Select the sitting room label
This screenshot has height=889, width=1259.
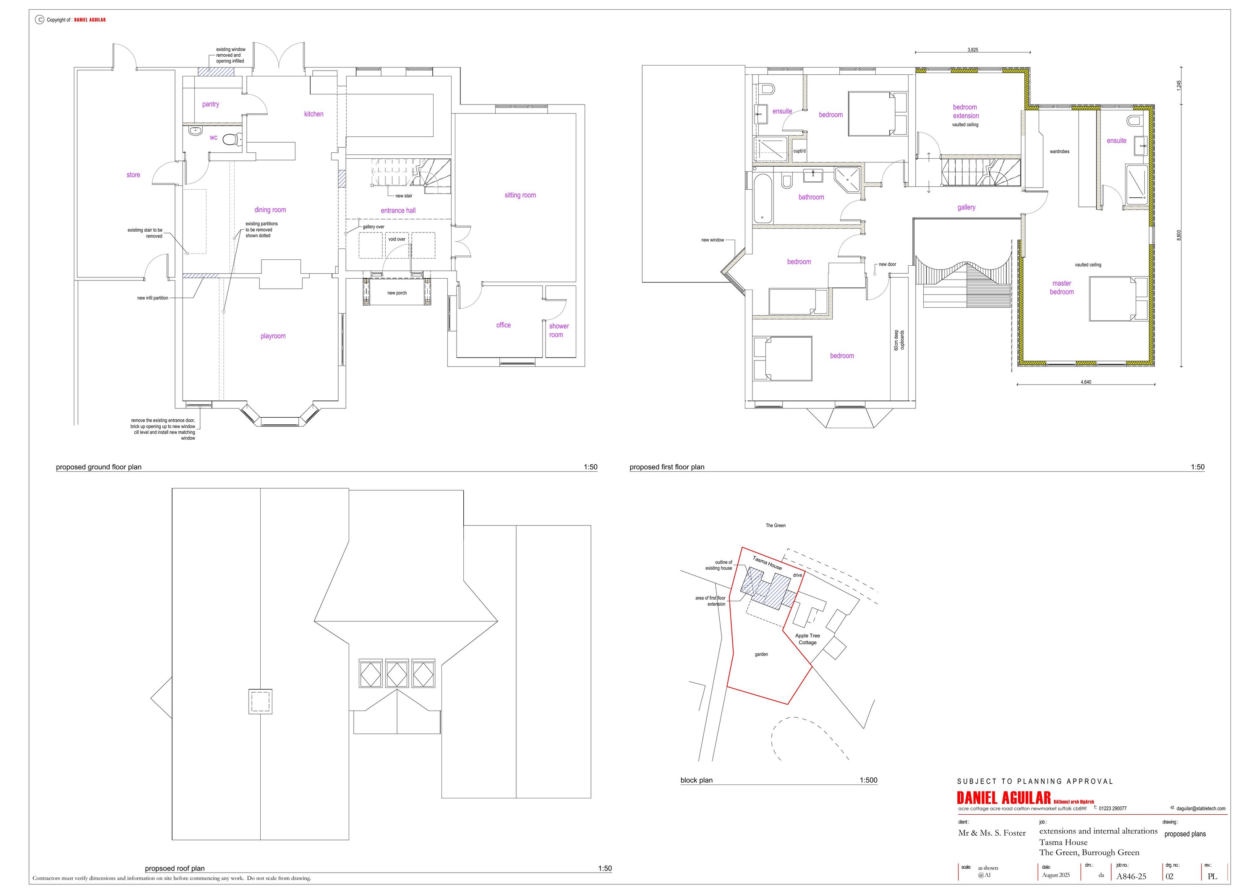520,195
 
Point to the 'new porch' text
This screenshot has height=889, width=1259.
397,293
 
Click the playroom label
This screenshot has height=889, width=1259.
273,336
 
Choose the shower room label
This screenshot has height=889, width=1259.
559,330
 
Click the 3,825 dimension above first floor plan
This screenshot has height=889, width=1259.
972,50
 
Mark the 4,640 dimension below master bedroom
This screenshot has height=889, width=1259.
1086,382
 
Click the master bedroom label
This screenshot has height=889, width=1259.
1062,288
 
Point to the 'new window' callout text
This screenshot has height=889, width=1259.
712,240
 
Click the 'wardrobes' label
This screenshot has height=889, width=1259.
1059,152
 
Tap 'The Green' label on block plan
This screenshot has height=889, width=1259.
776,526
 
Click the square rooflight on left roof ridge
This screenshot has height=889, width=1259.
260,701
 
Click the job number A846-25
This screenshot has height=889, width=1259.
1131,876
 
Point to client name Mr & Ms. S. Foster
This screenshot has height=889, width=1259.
991,833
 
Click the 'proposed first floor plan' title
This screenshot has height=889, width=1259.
666,467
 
